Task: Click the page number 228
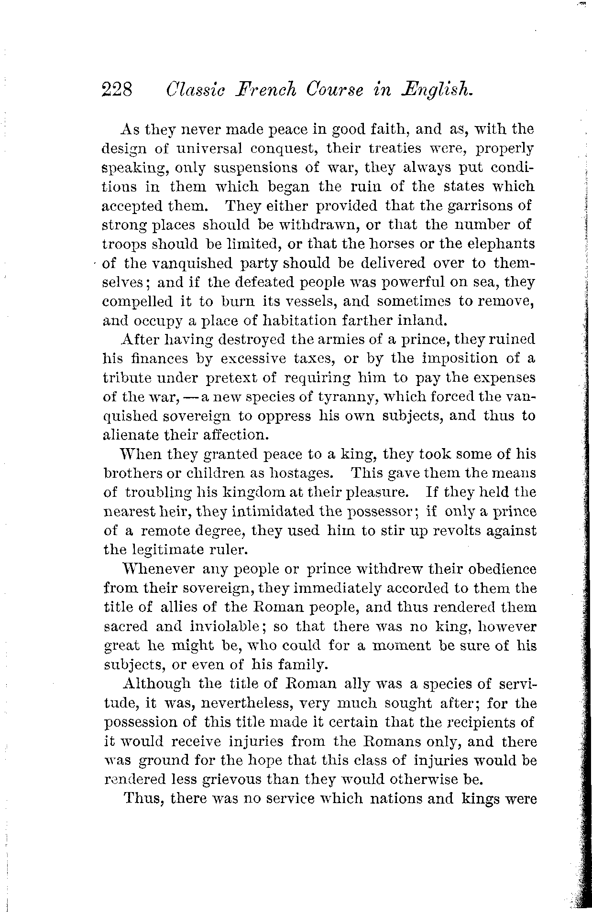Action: pos(117,89)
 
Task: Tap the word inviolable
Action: pos(218,626)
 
